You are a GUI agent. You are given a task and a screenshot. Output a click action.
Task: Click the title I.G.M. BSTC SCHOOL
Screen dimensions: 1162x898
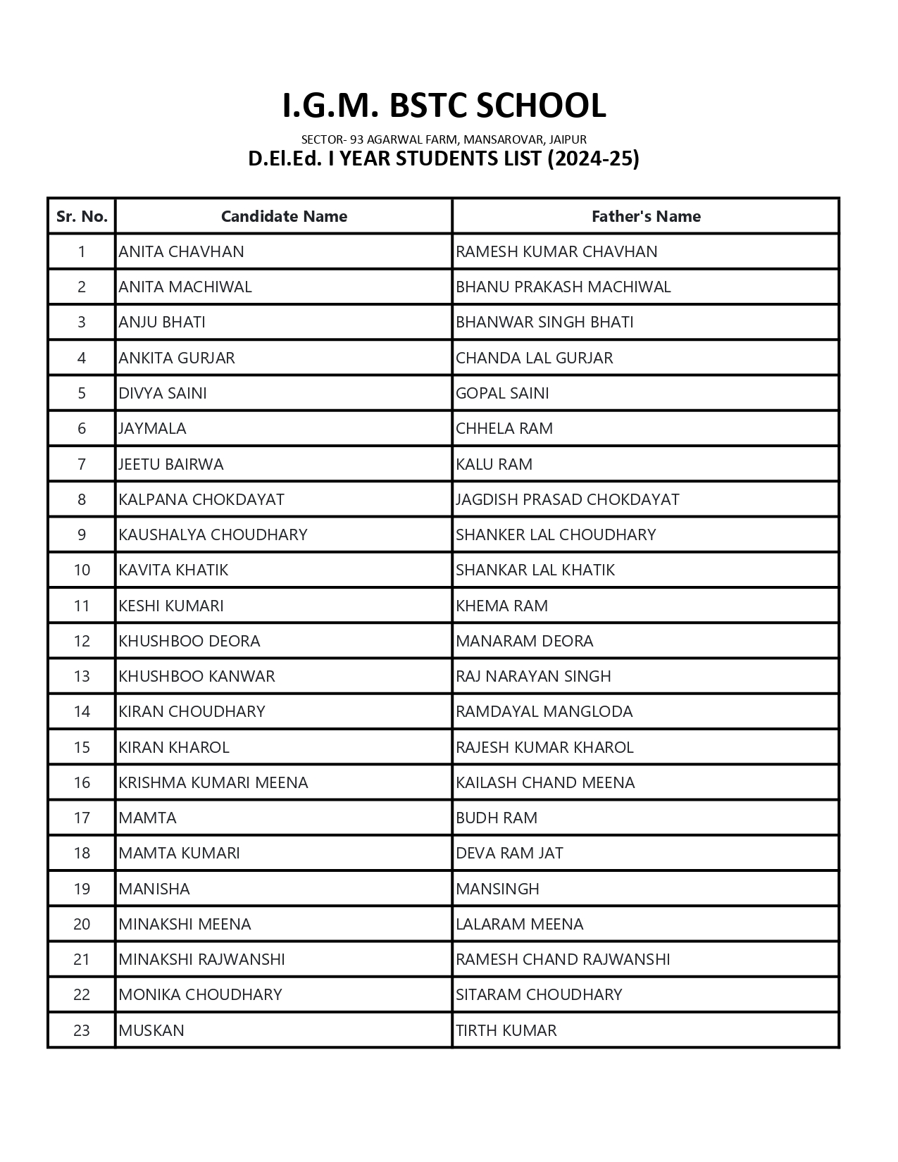pyautogui.click(x=444, y=106)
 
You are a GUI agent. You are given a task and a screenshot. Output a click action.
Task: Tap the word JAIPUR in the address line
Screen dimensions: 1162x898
pyautogui.click(x=568, y=139)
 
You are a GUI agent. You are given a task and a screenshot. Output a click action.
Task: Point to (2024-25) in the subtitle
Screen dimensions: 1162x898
pyautogui.click(x=593, y=158)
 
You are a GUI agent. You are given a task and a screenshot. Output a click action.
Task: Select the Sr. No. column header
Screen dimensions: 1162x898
pyautogui.click(x=82, y=216)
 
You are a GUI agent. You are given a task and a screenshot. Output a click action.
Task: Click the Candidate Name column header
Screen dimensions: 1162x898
pyautogui.click(x=284, y=216)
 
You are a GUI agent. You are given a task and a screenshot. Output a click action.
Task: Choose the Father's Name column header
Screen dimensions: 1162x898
pyautogui.click(x=646, y=216)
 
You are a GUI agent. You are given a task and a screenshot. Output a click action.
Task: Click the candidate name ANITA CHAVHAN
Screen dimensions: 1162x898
pyautogui.click(x=181, y=251)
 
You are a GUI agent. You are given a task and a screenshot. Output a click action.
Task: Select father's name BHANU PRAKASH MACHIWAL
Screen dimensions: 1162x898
pyautogui.click(x=563, y=287)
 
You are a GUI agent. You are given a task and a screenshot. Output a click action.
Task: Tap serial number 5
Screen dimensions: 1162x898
pyautogui.click(x=82, y=393)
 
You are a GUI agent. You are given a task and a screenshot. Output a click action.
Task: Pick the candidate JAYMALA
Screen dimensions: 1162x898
pyautogui.click(x=152, y=428)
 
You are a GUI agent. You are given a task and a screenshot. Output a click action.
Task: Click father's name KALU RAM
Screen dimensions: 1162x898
pyautogui.click(x=494, y=464)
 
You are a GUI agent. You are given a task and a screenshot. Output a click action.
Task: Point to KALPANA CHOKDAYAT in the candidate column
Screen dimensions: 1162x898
pyautogui.click(x=201, y=499)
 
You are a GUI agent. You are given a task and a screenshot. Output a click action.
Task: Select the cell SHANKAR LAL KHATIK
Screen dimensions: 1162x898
pyautogui.click(x=535, y=570)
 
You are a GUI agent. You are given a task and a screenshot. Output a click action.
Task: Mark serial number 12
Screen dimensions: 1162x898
pyautogui.click(x=82, y=641)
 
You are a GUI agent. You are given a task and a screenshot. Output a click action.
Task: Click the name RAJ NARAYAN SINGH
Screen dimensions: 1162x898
pyautogui.click(x=533, y=676)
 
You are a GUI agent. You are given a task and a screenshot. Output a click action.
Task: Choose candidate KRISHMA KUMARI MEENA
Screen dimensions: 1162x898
pyautogui.click(x=213, y=782)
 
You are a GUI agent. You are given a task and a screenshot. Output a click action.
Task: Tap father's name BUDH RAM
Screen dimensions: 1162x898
pyautogui.click(x=496, y=818)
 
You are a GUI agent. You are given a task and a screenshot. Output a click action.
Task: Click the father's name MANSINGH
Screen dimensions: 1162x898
pyautogui.click(x=497, y=889)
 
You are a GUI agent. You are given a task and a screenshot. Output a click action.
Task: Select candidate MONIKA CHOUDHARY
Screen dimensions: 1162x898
pyautogui.click(x=200, y=994)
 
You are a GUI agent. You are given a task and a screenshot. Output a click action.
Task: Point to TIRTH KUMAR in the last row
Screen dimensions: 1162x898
pyautogui.click(x=506, y=1030)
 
